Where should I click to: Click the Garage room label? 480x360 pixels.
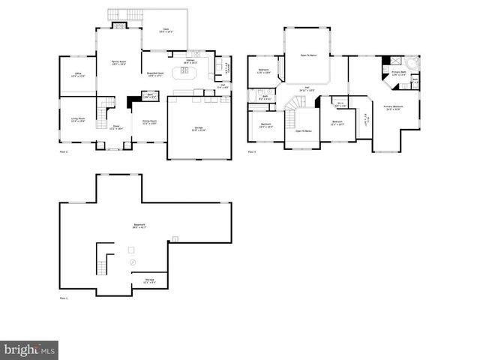(x=198, y=130)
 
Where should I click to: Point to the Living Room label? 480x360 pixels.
(x=77, y=120)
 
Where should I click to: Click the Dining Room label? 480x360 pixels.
(x=149, y=121)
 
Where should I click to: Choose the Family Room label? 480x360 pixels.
(x=118, y=64)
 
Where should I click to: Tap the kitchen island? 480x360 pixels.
(x=182, y=72)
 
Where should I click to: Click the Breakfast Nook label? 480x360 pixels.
(x=155, y=74)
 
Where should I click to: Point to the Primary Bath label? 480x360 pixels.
(x=398, y=74)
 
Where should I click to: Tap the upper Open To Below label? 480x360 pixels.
(x=307, y=55)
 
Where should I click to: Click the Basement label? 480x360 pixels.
(x=136, y=225)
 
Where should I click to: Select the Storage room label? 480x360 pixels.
(x=149, y=282)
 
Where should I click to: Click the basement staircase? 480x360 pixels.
(x=103, y=264)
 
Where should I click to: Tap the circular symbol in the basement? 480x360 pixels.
(x=133, y=263)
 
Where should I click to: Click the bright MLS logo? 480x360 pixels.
(x=29, y=349)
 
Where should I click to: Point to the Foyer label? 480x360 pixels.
(x=116, y=127)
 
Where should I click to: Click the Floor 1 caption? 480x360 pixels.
(x=64, y=299)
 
